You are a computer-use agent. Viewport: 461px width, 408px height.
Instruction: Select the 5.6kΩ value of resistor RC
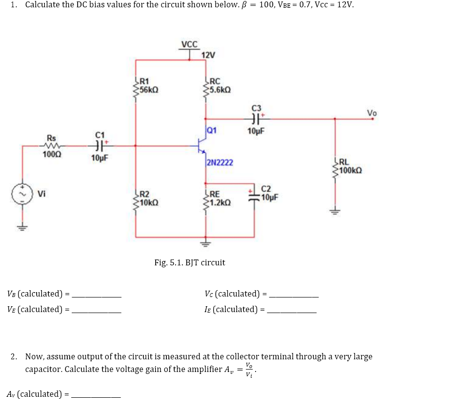(220, 90)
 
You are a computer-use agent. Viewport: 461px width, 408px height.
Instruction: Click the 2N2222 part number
(220, 162)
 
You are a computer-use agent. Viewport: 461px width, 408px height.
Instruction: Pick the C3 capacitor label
(256, 108)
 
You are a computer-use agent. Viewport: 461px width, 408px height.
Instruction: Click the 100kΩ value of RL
(351, 170)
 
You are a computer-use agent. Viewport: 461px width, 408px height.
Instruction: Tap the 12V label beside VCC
(208, 55)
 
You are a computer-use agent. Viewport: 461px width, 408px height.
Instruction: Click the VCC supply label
(189, 45)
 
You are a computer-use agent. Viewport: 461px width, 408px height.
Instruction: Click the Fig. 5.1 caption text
(190, 262)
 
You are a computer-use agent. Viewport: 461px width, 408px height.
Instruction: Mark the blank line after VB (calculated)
(97, 295)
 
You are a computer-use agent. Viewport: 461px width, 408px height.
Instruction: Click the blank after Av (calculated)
(96, 395)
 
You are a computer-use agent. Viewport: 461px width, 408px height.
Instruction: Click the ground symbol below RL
(335, 211)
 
